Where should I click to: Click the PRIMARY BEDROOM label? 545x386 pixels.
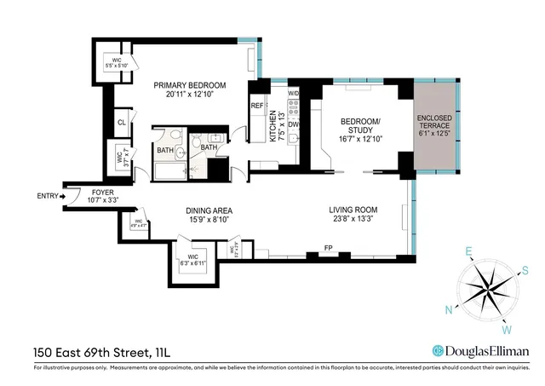coord(189,85)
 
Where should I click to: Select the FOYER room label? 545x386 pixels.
coord(102,193)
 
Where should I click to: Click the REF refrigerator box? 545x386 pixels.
coord(257,106)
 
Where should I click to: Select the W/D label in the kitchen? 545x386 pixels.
coord(294,92)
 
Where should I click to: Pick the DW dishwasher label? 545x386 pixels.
coord(294,124)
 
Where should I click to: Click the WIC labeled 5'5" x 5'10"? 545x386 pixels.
coord(112,63)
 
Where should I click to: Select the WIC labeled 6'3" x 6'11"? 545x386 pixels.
coord(189,261)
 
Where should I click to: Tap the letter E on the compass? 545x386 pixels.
coord(468,251)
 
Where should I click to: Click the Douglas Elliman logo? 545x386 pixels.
coord(480,350)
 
